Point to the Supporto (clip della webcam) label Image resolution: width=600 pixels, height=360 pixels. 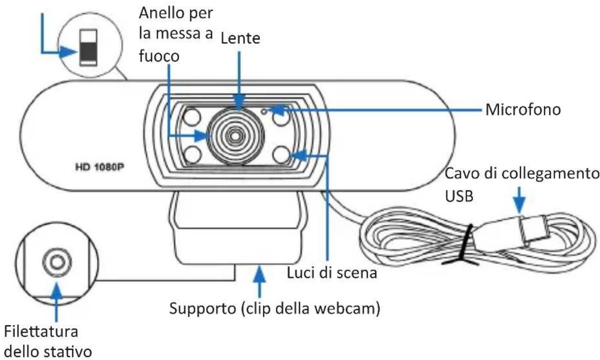(275, 309)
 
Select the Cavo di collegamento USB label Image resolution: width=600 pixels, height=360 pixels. (521, 184)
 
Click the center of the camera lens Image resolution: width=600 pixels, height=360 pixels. (236, 135)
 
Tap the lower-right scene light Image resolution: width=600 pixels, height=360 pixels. (281, 155)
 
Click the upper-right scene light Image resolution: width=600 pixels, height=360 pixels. (281, 118)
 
